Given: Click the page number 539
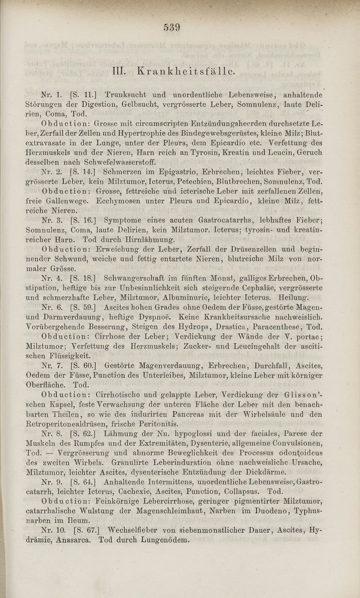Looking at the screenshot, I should [172, 27].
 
